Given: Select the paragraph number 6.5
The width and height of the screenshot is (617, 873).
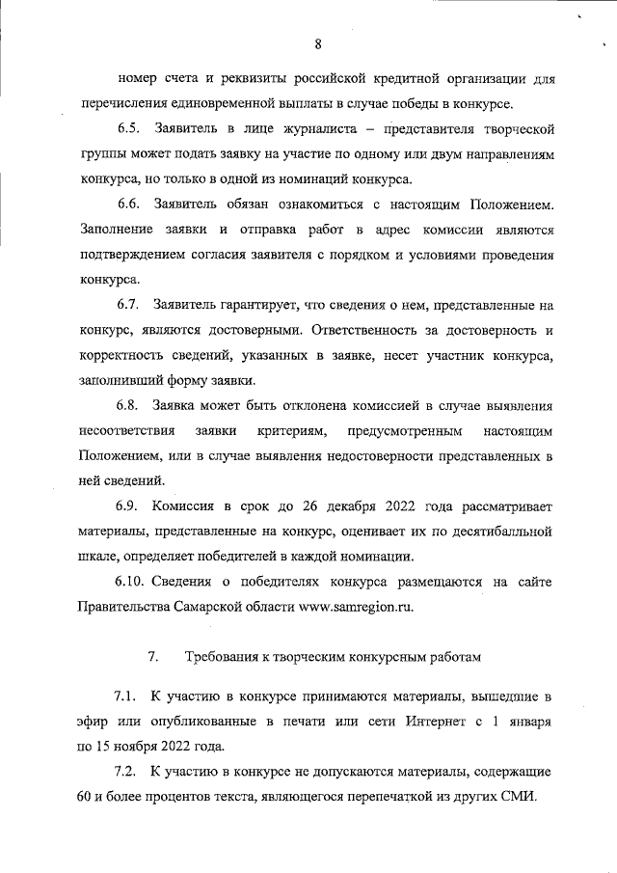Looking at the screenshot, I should pos(130,128).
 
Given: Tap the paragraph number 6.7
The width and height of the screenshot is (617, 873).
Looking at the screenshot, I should pos(130,305).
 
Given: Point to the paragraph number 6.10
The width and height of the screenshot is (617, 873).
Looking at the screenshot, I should pos(133,582).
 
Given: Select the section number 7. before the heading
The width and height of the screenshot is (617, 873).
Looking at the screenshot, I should pos(152,657).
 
